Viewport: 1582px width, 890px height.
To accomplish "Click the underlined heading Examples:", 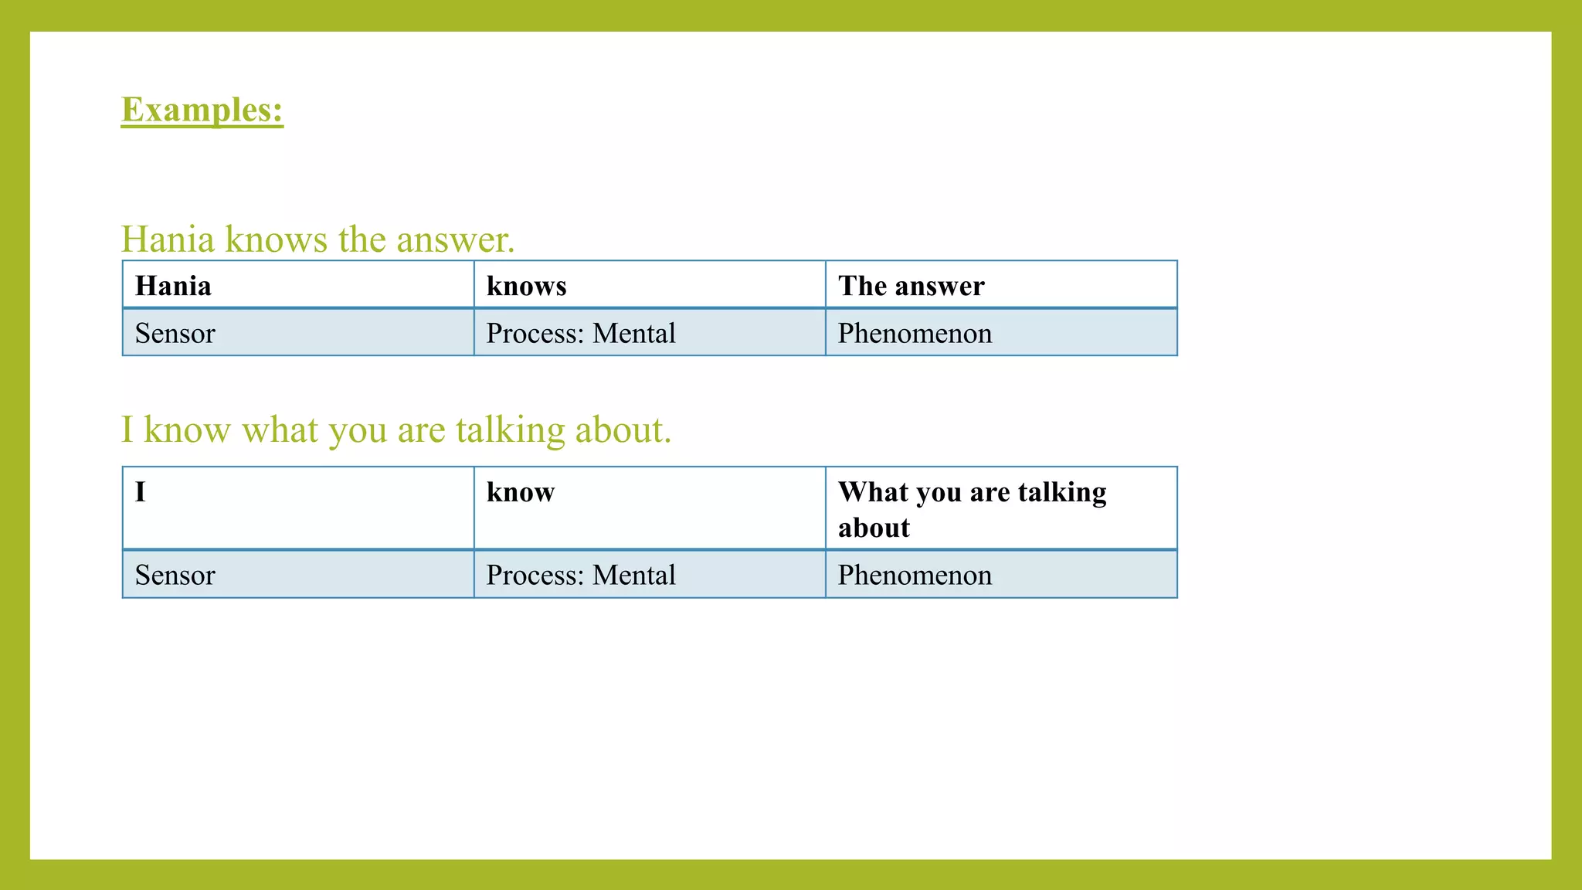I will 202,110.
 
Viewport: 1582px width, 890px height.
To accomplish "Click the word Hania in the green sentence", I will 168,239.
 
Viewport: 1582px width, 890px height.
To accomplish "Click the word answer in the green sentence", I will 455,239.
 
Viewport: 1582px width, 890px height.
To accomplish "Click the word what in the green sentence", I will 280,430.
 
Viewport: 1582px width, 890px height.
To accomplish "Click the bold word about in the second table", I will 874,528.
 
